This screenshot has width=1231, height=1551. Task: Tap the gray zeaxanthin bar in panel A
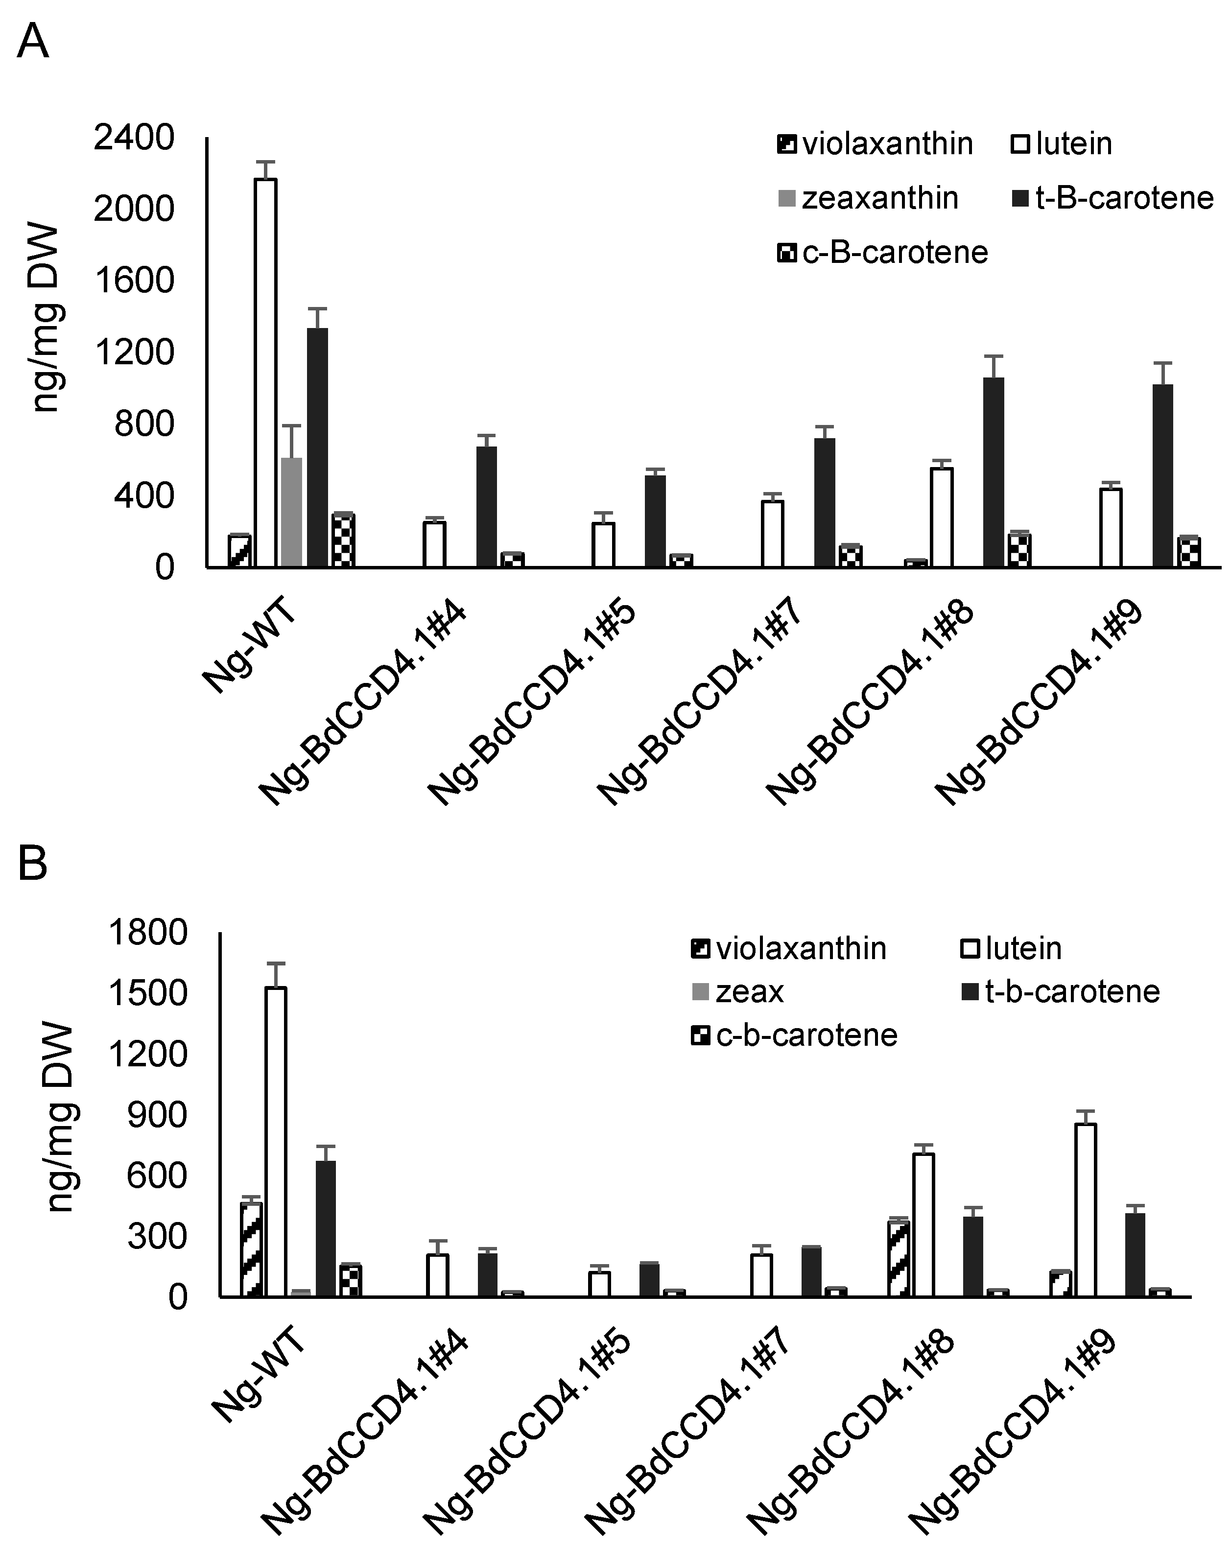pyautogui.click(x=291, y=512)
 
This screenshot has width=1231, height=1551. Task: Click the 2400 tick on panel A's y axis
pyautogui.click(x=134, y=138)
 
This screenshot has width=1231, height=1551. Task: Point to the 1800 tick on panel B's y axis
pyautogui.click(x=147, y=934)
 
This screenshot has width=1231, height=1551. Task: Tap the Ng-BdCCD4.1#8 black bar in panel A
pyautogui.click(x=994, y=472)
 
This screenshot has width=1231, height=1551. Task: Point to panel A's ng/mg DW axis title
pyautogui.click(x=47, y=317)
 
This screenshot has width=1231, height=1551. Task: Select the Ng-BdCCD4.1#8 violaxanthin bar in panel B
pyautogui.click(x=899, y=1258)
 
